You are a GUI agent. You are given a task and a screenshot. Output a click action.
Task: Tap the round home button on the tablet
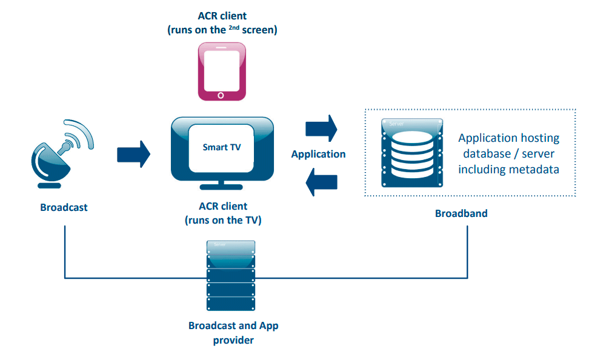(x=221, y=95)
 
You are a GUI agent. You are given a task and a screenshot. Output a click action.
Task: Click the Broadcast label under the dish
(x=64, y=207)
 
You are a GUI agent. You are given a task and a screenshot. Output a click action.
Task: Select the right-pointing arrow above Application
(x=321, y=127)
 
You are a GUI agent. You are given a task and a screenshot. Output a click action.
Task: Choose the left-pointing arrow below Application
(x=321, y=181)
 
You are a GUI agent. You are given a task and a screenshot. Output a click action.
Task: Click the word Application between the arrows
(x=318, y=154)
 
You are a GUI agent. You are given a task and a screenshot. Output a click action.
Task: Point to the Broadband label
(x=461, y=213)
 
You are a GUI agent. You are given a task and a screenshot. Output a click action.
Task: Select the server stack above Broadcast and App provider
(x=230, y=276)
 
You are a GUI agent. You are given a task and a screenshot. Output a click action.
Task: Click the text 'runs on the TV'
(x=224, y=220)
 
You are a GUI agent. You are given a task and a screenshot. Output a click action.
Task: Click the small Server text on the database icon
(x=397, y=123)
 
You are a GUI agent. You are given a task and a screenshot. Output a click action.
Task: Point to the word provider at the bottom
(x=233, y=340)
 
